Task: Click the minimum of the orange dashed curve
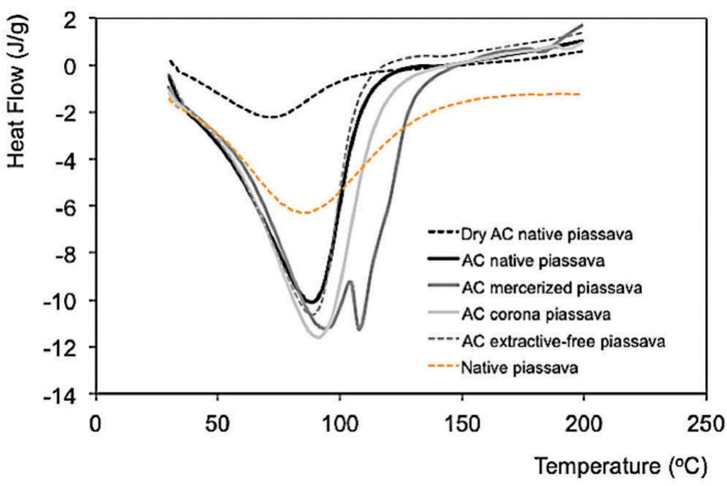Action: pyautogui.click(x=307, y=213)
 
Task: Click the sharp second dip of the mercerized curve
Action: pyautogui.click(x=359, y=329)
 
